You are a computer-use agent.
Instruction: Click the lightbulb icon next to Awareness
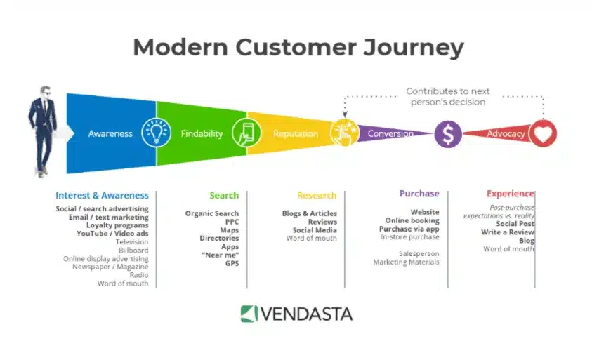155,133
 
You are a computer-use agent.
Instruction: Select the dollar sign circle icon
448,133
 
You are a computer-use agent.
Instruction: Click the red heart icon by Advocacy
543,133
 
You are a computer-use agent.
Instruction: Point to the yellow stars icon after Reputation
344,133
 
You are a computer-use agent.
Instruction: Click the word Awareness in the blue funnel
110,133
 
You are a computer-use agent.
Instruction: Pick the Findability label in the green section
202,133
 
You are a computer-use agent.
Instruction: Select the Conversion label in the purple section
390,133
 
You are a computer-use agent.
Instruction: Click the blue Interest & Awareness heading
102,195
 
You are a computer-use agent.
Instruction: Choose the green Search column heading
224,195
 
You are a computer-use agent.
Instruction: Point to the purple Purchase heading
419,194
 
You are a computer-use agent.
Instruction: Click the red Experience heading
511,194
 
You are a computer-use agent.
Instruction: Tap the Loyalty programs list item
117,225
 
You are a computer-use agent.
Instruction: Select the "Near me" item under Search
221,255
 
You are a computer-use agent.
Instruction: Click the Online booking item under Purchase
412,220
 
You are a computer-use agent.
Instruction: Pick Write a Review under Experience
508,232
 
